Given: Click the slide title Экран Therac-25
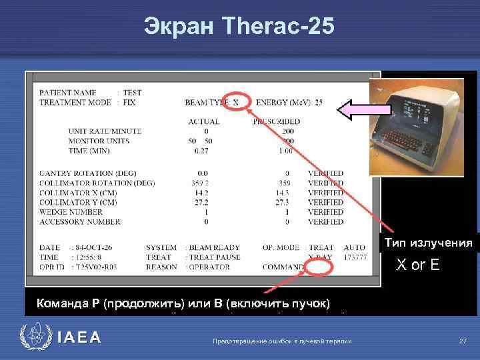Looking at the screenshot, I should (x=239, y=26).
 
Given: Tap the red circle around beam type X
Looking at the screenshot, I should (x=239, y=103).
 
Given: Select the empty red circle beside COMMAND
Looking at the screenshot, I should (x=319, y=267).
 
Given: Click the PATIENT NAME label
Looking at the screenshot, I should (x=67, y=92).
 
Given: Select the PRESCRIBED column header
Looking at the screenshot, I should (x=277, y=121).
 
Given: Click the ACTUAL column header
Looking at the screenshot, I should (x=204, y=121).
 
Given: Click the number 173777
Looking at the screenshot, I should (x=354, y=257).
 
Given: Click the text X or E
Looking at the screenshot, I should (x=418, y=265).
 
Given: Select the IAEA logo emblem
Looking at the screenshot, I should (x=33, y=337).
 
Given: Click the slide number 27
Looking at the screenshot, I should (x=463, y=341).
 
